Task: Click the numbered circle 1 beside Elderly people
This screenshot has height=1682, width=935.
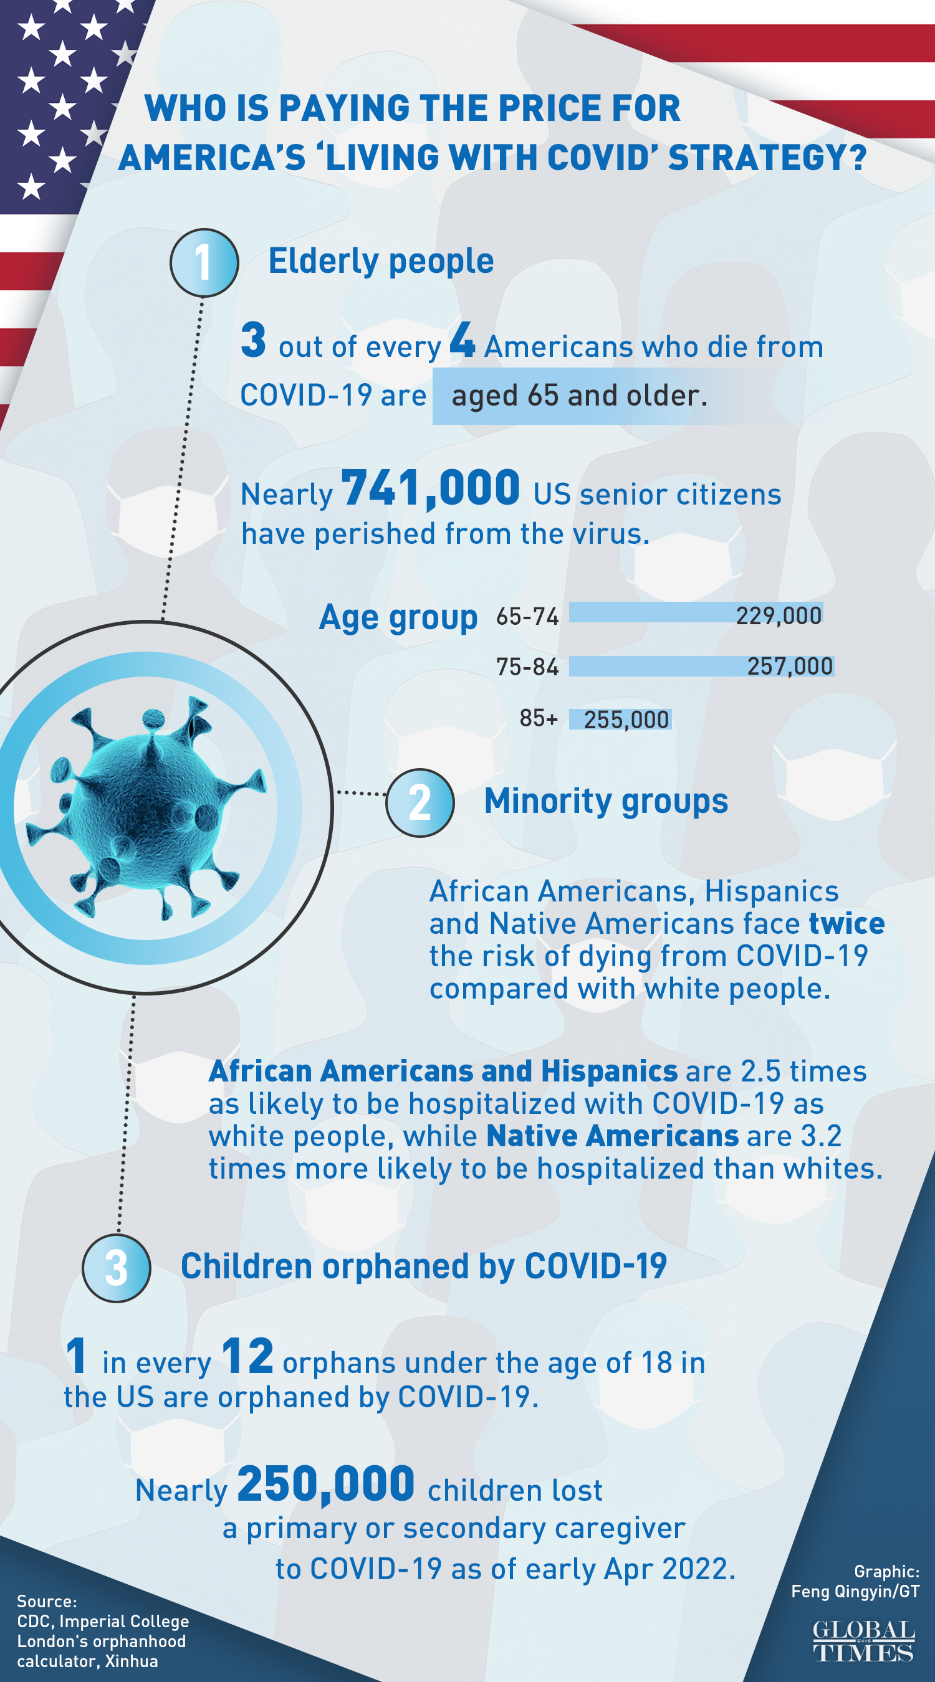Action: (x=204, y=262)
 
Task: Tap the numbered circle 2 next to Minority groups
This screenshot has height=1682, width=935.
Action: (x=420, y=802)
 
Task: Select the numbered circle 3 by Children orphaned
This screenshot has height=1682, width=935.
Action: (x=117, y=1268)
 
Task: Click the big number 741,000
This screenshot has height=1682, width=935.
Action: (x=430, y=488)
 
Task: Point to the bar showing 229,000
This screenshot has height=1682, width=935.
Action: (x=695, y=613)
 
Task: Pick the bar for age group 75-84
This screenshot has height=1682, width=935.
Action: (x=701, y=666)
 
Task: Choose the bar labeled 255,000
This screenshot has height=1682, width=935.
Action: (x=620, y=719)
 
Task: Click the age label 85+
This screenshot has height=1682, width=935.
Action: (x=539, y=718)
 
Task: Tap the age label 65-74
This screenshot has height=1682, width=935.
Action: (x=527, y=615)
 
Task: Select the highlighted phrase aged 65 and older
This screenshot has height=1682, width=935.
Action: (x=579, y=396)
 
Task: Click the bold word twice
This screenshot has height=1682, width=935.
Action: (x=846, y=923)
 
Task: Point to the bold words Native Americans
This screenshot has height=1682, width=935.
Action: (x=612, y=1136)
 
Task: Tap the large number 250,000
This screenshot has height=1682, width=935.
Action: (x=325, y=1484)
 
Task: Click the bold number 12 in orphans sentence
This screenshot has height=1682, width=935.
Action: (x=247, y=1356)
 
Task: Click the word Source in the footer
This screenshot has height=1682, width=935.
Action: (x=46, y=1601)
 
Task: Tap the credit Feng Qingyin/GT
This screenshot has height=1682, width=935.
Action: (x=855, y=1591)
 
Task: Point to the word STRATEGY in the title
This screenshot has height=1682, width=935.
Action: (x=767, y=158)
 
